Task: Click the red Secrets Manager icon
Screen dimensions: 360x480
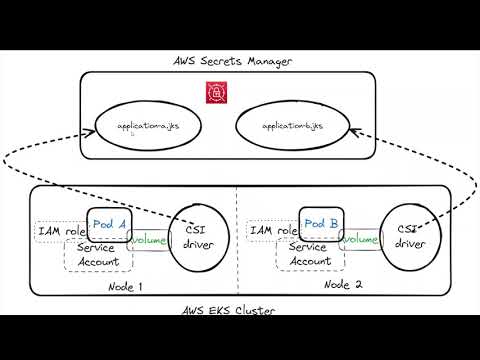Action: [x=212, y=92]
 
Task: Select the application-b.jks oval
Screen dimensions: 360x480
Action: [x=291, y=128]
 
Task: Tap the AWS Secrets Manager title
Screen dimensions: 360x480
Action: [x=233, y=62]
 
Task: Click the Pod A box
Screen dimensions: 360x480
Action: [x=108, y=225]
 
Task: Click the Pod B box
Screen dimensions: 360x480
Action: [x=320, y=224]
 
